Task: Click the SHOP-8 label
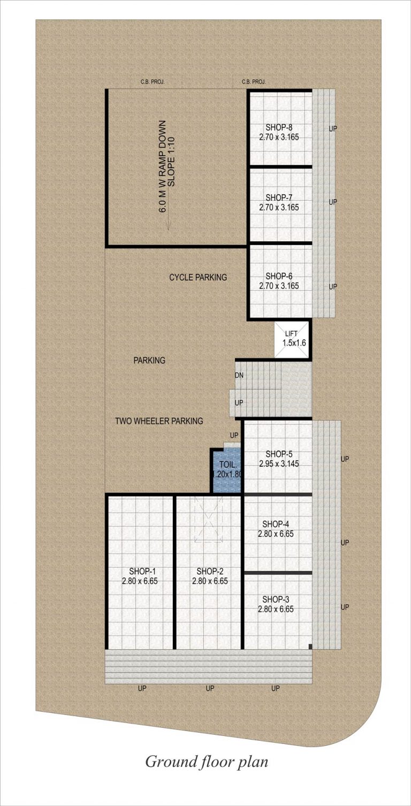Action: tap(279, 127)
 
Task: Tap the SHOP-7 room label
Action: tap(279, 197)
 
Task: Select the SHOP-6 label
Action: tap(279, 276)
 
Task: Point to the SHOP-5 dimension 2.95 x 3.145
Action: tap(279, 464)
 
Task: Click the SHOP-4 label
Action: tap(276, 524)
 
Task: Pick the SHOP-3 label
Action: tap(276, 599)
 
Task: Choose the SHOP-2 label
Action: tap(210, 571)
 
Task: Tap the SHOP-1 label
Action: tap(142, 571)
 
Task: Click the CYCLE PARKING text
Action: tap(198, 277)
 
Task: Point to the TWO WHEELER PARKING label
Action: tap(159, 421)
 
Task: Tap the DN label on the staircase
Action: tap(239, 375)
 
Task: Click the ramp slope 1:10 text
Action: tap(171, 162)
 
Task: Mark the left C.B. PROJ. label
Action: tap(153, 82)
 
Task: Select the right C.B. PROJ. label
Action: tap(254, 82)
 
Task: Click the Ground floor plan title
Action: tap(207, 762)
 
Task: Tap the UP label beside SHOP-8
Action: tap(333, 128)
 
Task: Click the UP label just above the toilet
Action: tap(234, 435)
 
